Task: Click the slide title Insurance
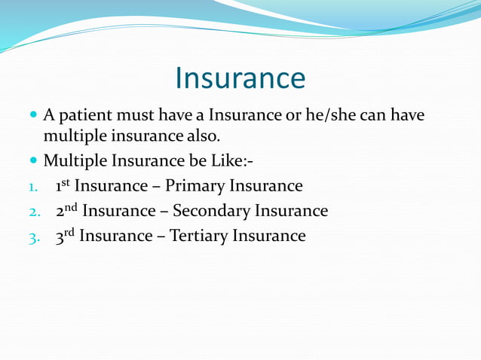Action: tap(240, 78)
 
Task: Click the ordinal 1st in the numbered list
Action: tap(62, 185)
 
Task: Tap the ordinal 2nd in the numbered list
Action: tap(66, 210)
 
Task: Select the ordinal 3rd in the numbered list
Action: tap(64, 236)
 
